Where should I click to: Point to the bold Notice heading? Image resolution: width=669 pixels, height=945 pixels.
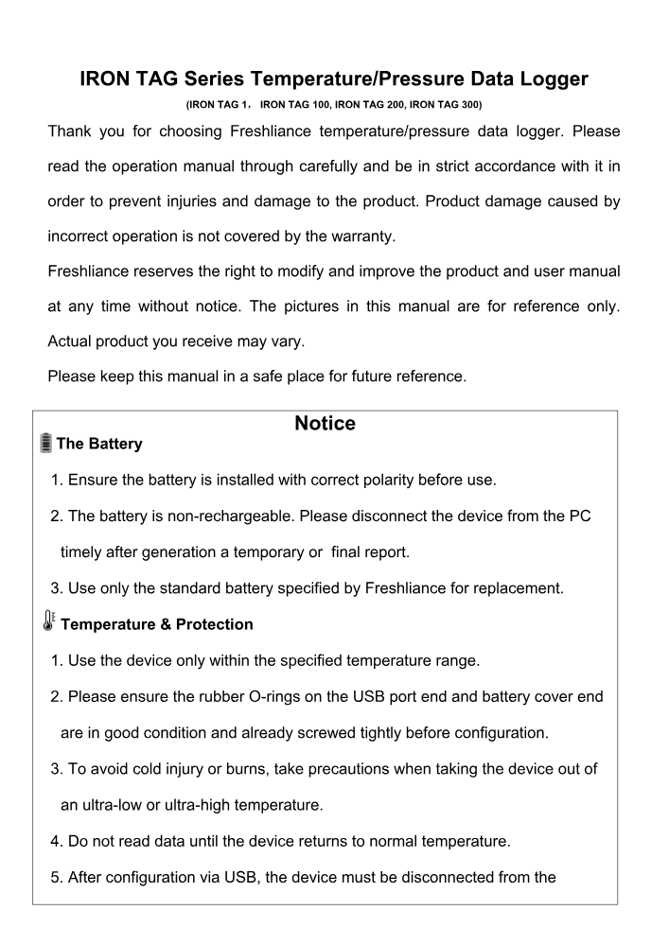point(325,425)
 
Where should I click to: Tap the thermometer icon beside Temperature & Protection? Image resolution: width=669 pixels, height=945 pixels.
point(45,622)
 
